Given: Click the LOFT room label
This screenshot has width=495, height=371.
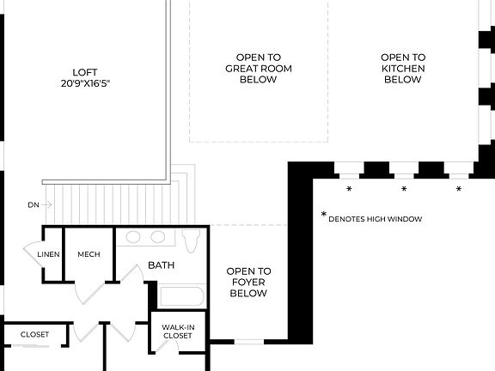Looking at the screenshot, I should point(82,73).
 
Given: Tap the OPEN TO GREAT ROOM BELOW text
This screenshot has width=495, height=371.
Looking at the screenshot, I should point(253,68).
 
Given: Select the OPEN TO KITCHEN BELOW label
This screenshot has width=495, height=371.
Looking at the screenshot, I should point(402,68).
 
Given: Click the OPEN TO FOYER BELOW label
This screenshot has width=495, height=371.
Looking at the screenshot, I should point(248,282).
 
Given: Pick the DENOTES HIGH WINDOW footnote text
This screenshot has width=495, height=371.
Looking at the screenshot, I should point(375,219).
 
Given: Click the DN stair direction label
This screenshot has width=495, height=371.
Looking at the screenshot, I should point(33,205).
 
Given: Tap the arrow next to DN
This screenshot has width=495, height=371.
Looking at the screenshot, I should point(47,205).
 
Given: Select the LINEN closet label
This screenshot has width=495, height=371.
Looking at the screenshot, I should point(47,254).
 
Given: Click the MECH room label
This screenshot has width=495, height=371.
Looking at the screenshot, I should point(89,254).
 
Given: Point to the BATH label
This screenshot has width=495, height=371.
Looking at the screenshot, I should point(161,265).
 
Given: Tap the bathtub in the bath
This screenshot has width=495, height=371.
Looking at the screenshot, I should point(181,297).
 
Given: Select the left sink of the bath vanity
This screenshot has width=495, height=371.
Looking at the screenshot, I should point(134,238).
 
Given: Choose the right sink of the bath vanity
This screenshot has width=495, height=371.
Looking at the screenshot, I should point(158,238).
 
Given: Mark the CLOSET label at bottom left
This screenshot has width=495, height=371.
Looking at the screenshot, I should point(34,334).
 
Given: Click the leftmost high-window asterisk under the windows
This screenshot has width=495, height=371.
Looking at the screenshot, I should point(349,188).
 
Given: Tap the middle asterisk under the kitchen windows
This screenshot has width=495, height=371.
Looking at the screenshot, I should point(404,188).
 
